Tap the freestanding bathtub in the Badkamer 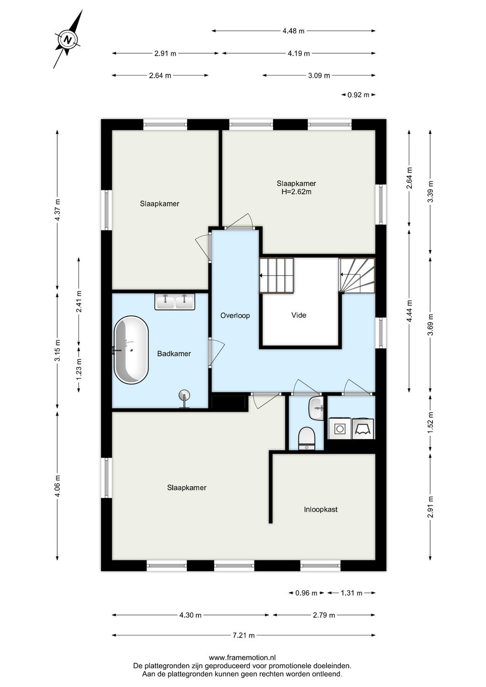pyautogui.click(x=131, y=350)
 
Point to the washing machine pyautogui.click(x=339, y=428)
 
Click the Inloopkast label pyautogui.click(x=321, y=510)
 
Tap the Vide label pyautogui.click(x=299, y=315)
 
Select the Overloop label pyautogui.click(x=235, y=315)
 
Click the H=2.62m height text pyautogui.click(x=296, y=192)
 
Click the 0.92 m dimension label pyautogui.click(x=358, y=95)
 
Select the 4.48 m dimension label pyautogui.click(x=293, y=31)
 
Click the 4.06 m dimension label pyautogui.click(x=57, y=486)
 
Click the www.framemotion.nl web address pyautogui.click(x=243, y=657)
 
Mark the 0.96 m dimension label pyautogui.click(x=306, y=593)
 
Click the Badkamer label pyautogui.click(x=174, y=354)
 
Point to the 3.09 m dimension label pyautogui.click(x=319, y=75)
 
